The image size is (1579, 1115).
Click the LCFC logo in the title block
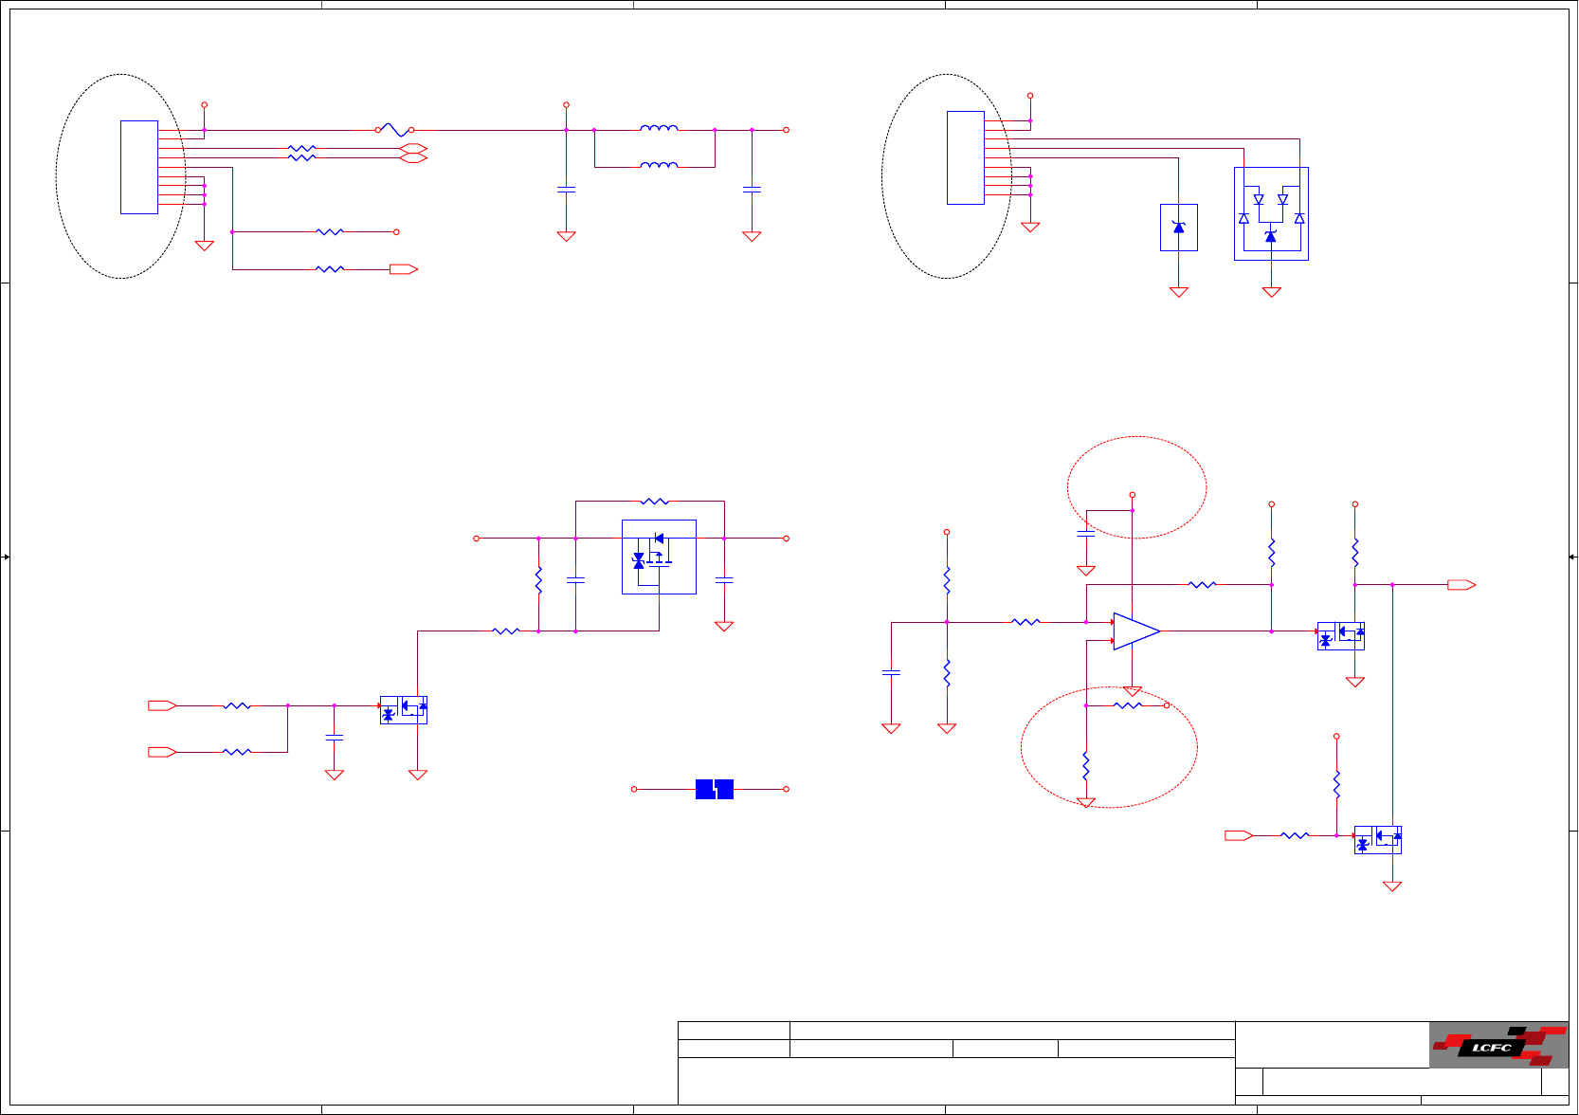(x=1497, y=1045)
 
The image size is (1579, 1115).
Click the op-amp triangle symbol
(x=1135, y=631)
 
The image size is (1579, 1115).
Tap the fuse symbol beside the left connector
(x=393, y=130)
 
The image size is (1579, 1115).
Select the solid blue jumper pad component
(x=715, y=789)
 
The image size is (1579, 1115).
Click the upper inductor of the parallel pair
(x=659, y=128)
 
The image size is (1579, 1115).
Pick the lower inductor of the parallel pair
(x=659, y=165)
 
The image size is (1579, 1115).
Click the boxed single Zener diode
(x=1179, y=228)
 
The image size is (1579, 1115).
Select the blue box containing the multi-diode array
(x=1271, y=213)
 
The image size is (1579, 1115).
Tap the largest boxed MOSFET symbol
(x=659, y=557)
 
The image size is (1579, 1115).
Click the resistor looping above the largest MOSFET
(x=655, y=501)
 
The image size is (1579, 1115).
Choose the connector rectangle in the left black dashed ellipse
(x=139, y=167)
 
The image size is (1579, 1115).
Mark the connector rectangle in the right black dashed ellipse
(x=966, y=157)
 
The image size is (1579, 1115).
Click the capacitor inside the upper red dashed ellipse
(x=1086, y=534)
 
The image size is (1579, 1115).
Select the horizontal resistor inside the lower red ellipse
(x=1127, y=705)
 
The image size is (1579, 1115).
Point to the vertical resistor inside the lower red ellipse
(x=1086, y=765)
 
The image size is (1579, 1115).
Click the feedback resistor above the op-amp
(x=1202, y=585)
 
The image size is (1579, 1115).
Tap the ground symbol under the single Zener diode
(x=1179, y=292)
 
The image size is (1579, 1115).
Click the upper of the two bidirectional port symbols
(x=414, y=148)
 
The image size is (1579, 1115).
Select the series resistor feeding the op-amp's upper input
(x=1026, y=622)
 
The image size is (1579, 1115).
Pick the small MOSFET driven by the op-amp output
(x=1341, y=635)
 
